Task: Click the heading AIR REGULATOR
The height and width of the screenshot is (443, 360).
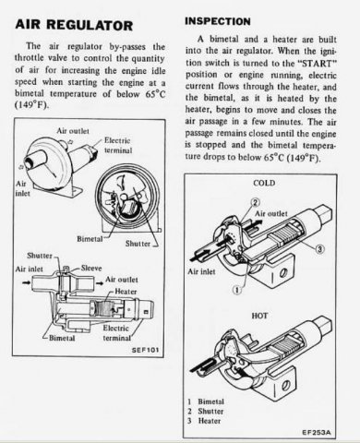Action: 74,25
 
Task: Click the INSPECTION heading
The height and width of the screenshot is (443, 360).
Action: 218,21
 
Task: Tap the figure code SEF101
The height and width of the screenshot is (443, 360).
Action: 145,350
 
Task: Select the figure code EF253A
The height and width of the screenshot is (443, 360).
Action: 317,432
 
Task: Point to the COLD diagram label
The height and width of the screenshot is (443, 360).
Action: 264,183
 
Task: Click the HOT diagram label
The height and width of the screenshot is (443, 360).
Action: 259,316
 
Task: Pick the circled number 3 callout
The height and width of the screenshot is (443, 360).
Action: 319,249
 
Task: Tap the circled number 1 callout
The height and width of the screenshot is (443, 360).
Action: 237,290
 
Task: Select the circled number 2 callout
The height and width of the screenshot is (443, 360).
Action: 256,202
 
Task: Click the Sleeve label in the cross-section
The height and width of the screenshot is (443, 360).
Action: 91,268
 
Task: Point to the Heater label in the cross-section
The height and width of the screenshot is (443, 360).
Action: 126,291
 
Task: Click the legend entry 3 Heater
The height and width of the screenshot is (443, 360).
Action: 204,421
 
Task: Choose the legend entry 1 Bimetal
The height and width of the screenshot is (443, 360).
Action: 206,401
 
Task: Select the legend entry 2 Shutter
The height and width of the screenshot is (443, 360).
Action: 206,411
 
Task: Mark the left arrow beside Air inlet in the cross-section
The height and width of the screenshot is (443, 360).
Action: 26,282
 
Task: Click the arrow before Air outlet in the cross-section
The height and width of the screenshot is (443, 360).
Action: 100,282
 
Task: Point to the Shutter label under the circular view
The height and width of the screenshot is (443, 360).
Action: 138,244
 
